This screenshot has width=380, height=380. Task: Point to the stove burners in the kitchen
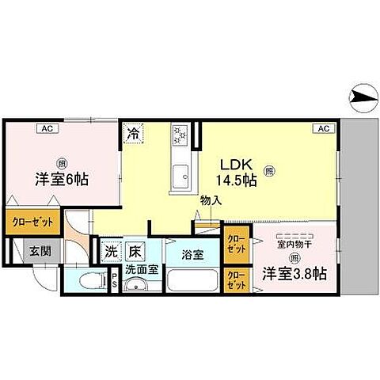tap(180, 135)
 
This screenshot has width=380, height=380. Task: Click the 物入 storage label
tap(211, 201)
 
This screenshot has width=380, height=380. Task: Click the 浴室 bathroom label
tap(194, 256)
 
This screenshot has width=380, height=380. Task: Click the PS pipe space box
tap(115, 280)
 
